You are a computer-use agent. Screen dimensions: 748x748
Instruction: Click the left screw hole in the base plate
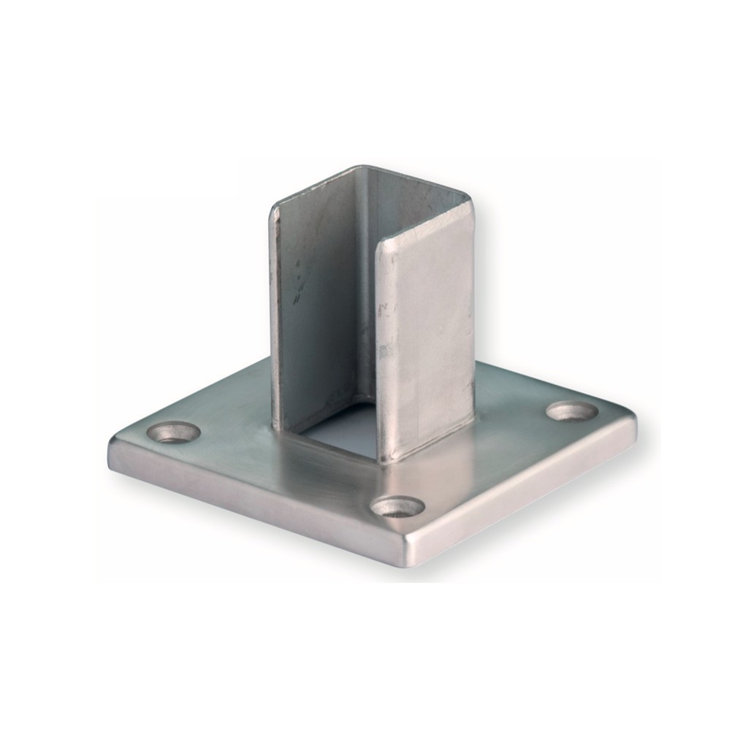174,432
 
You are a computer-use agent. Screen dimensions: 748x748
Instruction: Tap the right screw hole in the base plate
572,411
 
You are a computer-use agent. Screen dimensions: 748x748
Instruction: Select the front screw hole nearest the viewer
397,506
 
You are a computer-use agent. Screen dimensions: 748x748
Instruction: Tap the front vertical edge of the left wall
275,314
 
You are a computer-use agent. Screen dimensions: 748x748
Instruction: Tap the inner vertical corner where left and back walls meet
360,292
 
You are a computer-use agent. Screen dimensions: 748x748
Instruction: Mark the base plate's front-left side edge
256,504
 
